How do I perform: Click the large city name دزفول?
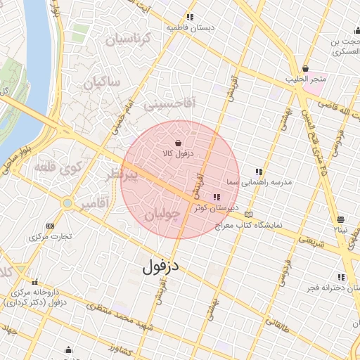(x=161, y=266)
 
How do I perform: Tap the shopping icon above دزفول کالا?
(x=178, y=143)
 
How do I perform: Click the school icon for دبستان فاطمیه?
(x=189, y=17)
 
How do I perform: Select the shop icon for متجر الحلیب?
(x=304, y=68)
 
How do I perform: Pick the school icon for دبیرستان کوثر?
(x=215, y=197)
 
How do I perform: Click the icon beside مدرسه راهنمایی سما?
(x=259, y=172)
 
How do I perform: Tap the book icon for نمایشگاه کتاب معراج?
(x=247, y=214)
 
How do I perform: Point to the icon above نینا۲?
(x=340, y=219)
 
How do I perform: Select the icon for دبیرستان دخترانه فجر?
(x=342, y=277)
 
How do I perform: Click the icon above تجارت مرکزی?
(x=50, y=226)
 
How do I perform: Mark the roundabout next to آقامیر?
(x=67, y=203)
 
